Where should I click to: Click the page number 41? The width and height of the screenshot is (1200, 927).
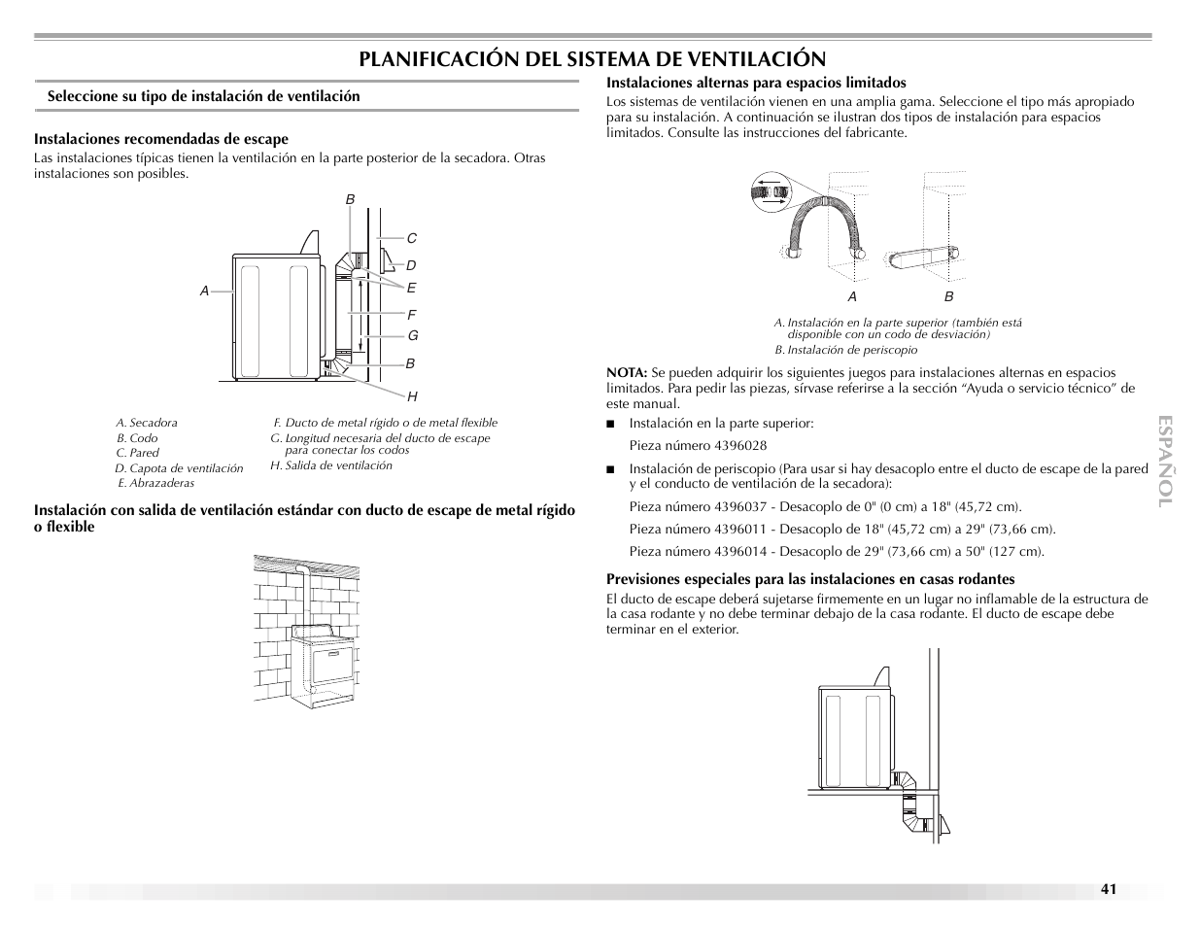[x=1109, y=889]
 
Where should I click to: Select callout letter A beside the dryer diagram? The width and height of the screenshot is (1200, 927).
[x=204, y=291]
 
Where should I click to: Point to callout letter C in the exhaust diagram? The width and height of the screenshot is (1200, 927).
[x=411, y=238]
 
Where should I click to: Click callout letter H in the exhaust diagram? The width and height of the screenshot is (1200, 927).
[x=412, y=396]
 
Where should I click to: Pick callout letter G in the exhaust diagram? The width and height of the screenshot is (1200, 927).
[x=412, y=335]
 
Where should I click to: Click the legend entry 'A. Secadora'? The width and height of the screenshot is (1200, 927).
[x=147, y=423]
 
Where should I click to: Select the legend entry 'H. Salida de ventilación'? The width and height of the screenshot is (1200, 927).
[x=331, y=465]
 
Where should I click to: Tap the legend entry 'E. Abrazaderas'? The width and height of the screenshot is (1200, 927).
[x=155, y=483]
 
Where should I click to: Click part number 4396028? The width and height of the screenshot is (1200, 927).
[x=740, y=446]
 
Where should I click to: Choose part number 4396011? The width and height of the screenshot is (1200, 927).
[x=740, y=530]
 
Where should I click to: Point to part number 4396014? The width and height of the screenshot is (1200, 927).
[x=740, y=552]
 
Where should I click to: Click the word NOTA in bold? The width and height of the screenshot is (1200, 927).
[x=627, y=373]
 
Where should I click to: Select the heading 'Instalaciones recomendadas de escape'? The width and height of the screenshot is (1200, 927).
[x=161, y=139]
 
